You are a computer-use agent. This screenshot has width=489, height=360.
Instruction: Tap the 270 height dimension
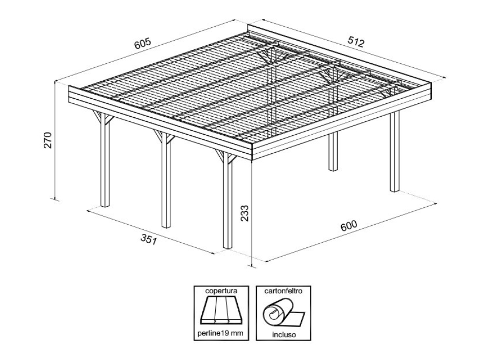click(x=47, y=140)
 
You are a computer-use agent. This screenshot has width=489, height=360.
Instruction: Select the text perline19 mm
click(x=220, y=334)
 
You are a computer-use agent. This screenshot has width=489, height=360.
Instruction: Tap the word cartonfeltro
click(x=283, y=291)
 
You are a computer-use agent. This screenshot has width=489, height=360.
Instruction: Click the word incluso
click(x=283, y=334)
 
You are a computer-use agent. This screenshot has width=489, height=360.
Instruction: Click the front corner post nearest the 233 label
click(x=227, y=206)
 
